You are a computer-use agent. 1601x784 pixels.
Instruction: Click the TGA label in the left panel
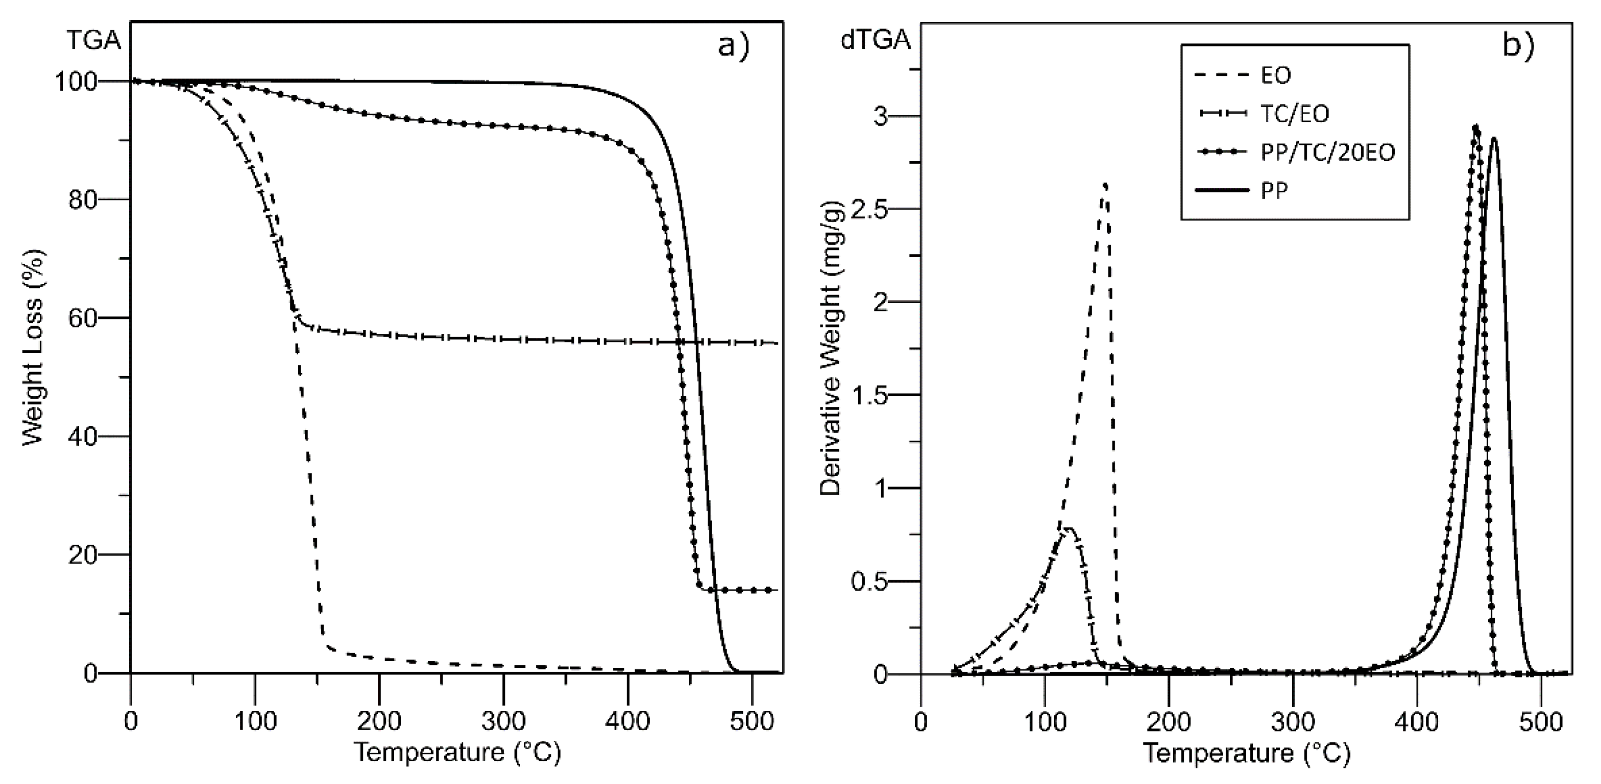point(93,41)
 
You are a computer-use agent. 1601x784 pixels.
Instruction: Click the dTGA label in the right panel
point(875,41)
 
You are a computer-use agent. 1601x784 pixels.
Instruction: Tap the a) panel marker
point(734,46)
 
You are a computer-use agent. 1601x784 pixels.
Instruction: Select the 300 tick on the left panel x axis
point(503,721)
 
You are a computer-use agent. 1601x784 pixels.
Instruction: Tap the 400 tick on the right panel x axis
point(1418,721)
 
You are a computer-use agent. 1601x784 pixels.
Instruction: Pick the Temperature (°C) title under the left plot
point(458,753)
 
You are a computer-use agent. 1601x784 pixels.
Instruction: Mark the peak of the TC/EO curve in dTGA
point(1069,529)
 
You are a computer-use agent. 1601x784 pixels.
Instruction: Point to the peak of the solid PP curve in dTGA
point(1494,139)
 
